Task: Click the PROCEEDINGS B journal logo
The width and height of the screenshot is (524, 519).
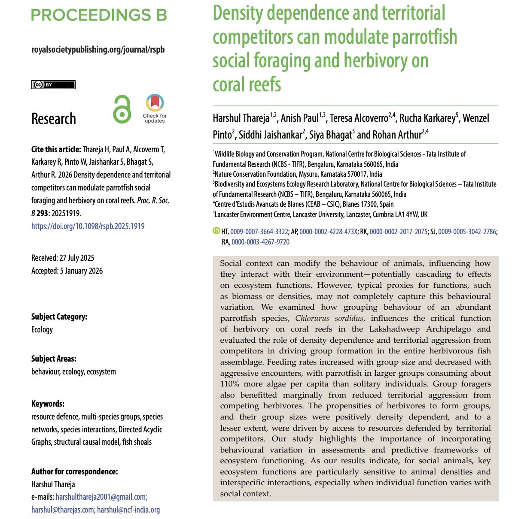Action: click(99, 15)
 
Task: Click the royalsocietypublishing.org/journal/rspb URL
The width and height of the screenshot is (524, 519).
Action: click(98, 49)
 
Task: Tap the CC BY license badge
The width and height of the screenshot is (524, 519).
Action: click(53, 84)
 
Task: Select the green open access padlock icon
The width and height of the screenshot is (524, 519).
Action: click(122, 109)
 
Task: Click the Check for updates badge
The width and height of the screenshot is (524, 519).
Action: click(155, 109)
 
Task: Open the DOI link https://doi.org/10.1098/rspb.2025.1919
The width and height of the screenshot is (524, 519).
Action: click(88, 226)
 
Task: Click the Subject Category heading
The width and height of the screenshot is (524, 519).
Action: click(59, 317)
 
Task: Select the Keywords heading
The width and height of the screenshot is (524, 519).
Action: click(48, 404)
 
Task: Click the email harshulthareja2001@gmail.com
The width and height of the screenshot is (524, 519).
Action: click(101, 497)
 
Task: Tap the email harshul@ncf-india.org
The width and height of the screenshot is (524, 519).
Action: click(128, 510)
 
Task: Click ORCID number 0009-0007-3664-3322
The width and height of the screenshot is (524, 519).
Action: click(259, 232)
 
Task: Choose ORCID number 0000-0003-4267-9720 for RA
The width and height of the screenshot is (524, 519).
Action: click(260, 242)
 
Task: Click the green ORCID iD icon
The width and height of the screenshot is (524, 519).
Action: click(216, 231)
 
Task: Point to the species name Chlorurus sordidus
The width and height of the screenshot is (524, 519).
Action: click(329, 318)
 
